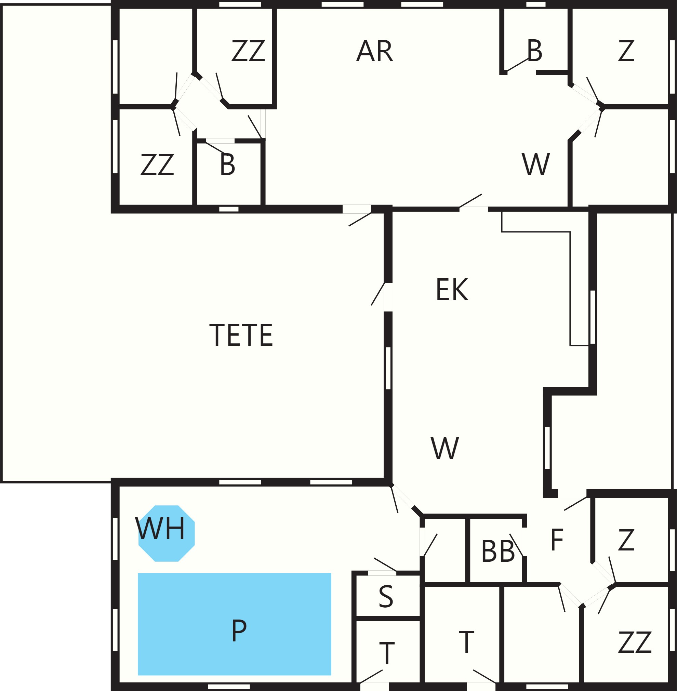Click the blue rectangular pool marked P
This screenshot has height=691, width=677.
coord(234,624)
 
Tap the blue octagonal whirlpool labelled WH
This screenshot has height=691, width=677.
coord(167,533)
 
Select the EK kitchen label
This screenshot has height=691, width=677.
coord(452,290)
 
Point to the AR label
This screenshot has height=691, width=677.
coord(375,51)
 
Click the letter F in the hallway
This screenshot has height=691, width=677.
coord(557,540)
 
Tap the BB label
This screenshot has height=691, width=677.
coord(498,551)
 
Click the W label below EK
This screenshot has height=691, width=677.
coord(445,448)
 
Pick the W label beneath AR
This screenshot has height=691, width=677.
coord(536,164)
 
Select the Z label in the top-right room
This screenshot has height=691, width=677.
coord(626,51)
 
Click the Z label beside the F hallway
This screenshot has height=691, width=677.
coord(626,540)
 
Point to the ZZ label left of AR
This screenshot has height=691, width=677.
coord(248,51)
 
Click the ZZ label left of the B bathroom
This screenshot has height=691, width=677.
coord(157,164)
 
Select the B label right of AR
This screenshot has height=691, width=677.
coord(535,51)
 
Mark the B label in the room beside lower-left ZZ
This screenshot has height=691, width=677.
coord(228,164)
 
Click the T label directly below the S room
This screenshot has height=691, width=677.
coord(387,653)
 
